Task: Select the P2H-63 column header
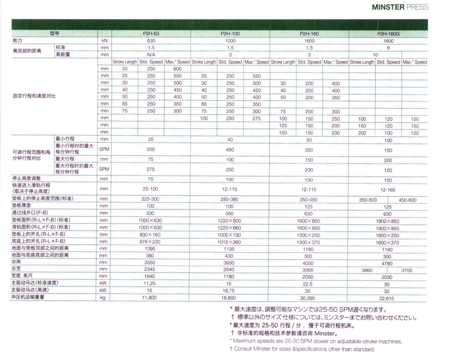[150, 35]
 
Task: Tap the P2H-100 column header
[229, 35]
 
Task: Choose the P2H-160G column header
[388, 35]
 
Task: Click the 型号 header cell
[54, 35]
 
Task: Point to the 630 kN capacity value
[150, 41]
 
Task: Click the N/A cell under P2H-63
[150, 55]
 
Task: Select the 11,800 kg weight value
[150, 296]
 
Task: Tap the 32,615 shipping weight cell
[388, 296]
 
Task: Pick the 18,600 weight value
[229, 296]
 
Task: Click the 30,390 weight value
[309, 296]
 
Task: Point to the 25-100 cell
[150, 188]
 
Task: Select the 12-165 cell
[388, 188]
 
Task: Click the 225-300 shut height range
[150, 199]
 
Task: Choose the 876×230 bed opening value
[150, 242]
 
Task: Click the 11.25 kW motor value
[150, 282]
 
